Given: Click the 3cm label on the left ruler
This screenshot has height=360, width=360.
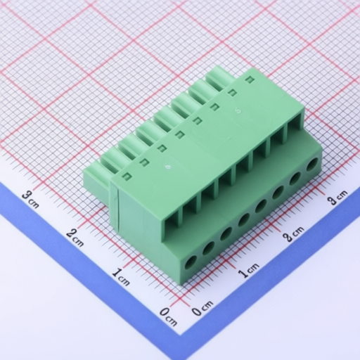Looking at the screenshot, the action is pos(30,200).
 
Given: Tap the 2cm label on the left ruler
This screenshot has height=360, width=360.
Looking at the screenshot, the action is pos(75,237).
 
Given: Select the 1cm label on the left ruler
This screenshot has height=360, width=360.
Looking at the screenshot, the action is pos(120,276).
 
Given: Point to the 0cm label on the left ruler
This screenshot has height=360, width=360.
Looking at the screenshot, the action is pos(168,317).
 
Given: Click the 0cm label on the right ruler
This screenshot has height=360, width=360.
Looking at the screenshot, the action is pos(202,308).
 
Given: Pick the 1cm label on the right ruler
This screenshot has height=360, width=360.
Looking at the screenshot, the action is pos(249,270).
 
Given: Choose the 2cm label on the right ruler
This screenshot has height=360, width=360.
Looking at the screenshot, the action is pos(293,233).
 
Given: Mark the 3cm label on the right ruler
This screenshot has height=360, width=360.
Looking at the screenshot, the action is pos(337,198).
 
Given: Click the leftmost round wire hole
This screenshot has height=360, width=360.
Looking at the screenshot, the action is pos(191,263).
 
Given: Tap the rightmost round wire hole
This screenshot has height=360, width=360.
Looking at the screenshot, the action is pos(313,165).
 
